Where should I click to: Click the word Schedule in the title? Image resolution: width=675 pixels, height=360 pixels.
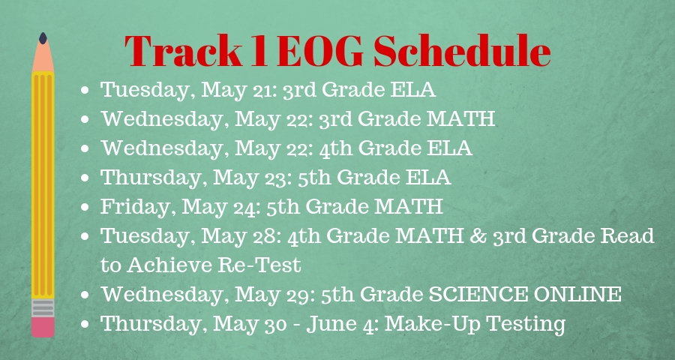point(462,51)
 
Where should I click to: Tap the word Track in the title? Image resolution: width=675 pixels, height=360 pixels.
point(184,51)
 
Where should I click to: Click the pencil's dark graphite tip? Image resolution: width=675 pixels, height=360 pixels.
point(43,38)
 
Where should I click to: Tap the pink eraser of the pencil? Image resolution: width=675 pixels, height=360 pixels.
point(43,327)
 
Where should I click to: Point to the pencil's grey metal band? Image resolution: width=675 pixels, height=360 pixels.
point(43,308)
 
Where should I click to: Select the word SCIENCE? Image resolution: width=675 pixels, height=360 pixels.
point(476,294)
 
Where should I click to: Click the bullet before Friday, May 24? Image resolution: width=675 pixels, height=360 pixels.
point(85,207)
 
